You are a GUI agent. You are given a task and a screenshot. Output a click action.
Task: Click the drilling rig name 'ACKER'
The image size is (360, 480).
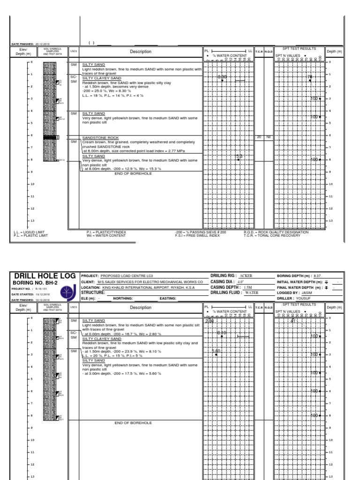[x=246, y=276]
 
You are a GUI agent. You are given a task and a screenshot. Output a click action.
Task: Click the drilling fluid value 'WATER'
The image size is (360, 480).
[x=252, y=292]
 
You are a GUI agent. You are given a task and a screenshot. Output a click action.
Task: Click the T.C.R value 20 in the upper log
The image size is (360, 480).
[x=259, y=137]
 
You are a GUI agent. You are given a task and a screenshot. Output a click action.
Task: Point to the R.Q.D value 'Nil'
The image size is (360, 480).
[x=269, y=137]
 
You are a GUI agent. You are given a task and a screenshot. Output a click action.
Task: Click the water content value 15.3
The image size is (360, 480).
[x=239, y=157]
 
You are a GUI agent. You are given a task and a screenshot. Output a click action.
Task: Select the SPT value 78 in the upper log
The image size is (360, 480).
[x=310, y=76]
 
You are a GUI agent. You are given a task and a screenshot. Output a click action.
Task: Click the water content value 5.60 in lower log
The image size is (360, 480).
[x=216, y=351]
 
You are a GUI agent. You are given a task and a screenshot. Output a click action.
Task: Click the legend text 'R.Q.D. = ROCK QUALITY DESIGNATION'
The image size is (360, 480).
[x=276, y=232]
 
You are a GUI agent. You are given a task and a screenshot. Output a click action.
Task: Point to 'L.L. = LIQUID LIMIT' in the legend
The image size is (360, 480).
[x=30, y=232]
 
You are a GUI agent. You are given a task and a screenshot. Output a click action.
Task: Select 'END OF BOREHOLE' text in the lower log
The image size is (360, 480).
[x=133, y=422]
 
